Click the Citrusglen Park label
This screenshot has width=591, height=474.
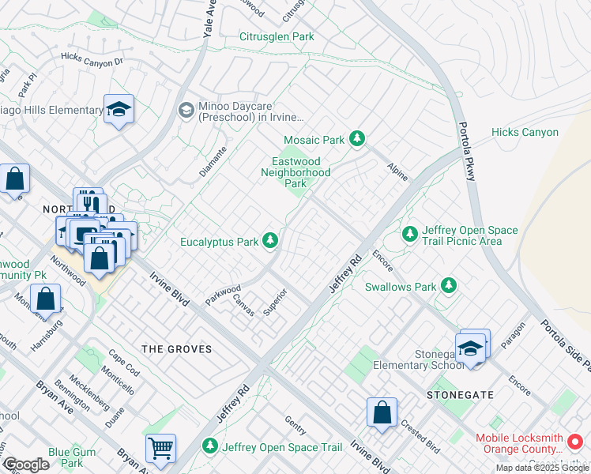pyautogui.click(x=277, y=36)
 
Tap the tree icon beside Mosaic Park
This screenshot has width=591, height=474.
pyautogui.click(x=357, y=140)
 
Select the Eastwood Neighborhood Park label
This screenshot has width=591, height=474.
pyautogui.click(x=295, y=172)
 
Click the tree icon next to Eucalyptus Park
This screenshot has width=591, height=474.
pyautogui.click(x=270, y=239)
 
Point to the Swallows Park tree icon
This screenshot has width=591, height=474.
pyautogui.click(x=449, y=284)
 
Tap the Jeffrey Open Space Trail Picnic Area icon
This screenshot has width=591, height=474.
pyautogui.click(x=410, y=234)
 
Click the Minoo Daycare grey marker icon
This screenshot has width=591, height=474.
pyautogui.click(x=186, y=109)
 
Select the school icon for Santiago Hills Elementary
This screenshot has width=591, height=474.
pyautogui.click(x=119, y=110)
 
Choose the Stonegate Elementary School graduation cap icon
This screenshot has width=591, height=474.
pyautogui.click(x=470, y=349)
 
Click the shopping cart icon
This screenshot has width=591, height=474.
pyautogui.click(x=160, y=450)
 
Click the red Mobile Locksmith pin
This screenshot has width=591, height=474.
pyautogui.click(x=575, y=440)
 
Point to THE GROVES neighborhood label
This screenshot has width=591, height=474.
pyautogui.click(x=176, y=348)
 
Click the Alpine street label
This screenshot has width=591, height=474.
pyautogui.click(x=397, y=171)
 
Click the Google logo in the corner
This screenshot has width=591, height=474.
pyautogui.click(x=26, y=465)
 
